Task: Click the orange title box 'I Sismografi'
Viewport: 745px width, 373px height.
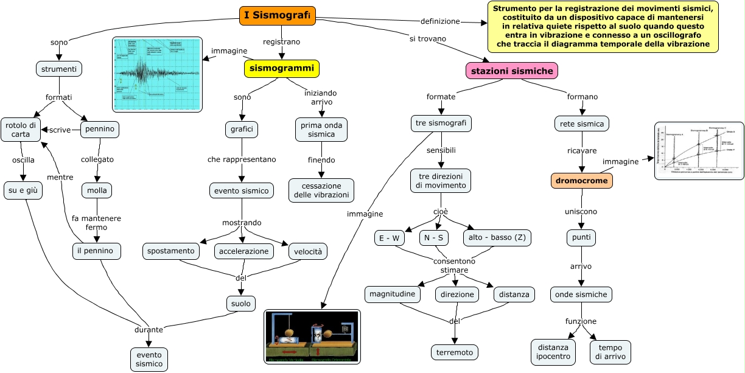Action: [x=278, y=15]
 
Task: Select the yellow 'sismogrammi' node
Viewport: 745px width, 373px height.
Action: [x=281, y=68]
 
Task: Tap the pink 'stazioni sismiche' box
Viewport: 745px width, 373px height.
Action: [x=511, y=71]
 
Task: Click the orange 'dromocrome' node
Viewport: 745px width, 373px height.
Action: [x=581, y=181]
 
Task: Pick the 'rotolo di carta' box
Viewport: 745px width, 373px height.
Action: [x=21, y=130]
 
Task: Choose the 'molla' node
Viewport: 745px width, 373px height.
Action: [x=97, y=190]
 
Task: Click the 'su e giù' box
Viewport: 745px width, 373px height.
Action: [x=23, y=190]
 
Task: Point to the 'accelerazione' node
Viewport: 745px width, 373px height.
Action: [x=244, y=251]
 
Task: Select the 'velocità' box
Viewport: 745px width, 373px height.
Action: [x=307, y=251]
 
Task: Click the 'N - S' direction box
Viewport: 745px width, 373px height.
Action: [x=433, y=238]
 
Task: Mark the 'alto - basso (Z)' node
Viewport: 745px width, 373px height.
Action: [x=497, y=237]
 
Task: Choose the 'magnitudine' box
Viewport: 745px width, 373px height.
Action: [x=393, y=294]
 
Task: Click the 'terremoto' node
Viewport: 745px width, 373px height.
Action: [x=454, y=352]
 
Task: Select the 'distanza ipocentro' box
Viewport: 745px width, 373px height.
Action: [x=553, y=352]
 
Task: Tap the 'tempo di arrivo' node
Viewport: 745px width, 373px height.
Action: [x=610, y=352]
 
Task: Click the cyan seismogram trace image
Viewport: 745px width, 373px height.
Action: [x=157, y=74]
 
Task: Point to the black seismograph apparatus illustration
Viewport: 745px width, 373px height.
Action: [x=312, y=336]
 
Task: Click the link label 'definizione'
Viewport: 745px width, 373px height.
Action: [x=440, y=21]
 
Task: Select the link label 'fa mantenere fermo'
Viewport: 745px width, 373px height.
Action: [x=96, y=223]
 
